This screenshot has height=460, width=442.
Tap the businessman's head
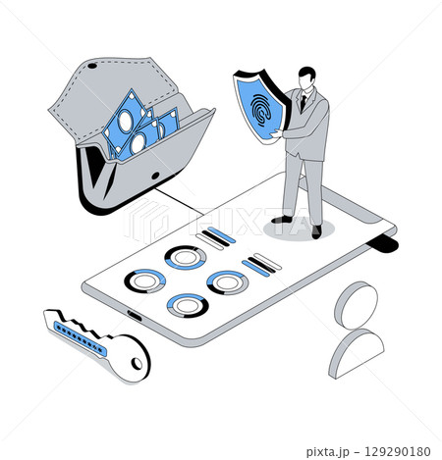pyautogui.click(x=307, y=78)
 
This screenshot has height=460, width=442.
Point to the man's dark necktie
pyautogui.click(x=304, y=100)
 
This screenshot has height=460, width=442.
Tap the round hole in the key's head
pyautogui.click(x=135, y=365)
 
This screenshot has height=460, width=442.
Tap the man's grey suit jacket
pyautogui.click(x=310, y=128)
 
